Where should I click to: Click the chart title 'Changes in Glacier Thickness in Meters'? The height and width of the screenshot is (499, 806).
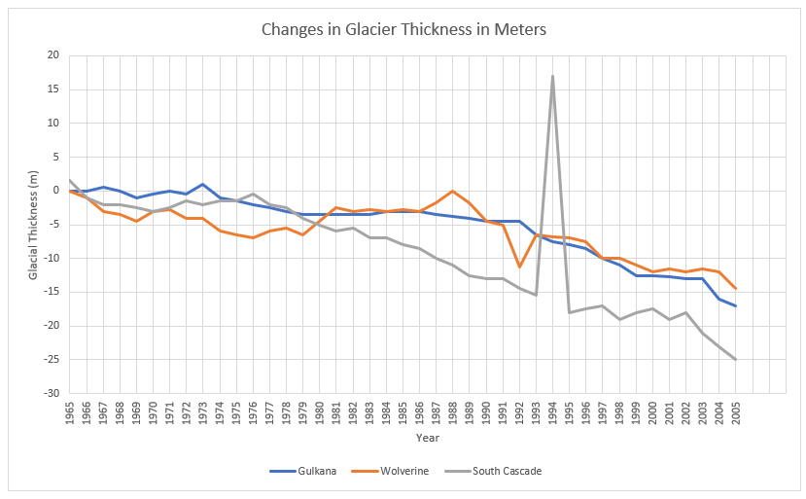point(403,29)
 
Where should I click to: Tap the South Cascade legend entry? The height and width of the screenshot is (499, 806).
point(507,472)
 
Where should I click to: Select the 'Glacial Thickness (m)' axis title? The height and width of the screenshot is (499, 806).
point(33,224)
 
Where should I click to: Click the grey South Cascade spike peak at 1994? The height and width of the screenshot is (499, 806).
point(552,76)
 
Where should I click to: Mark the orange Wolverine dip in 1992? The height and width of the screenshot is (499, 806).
point(519,267)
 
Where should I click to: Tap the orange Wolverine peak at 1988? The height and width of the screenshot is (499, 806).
point(452,191)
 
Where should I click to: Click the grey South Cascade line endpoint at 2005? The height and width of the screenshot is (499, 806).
point(735,359)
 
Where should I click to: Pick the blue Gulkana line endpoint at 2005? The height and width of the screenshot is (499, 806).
point(735,305)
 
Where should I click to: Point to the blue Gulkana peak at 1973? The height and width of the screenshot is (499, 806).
point(203,184)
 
